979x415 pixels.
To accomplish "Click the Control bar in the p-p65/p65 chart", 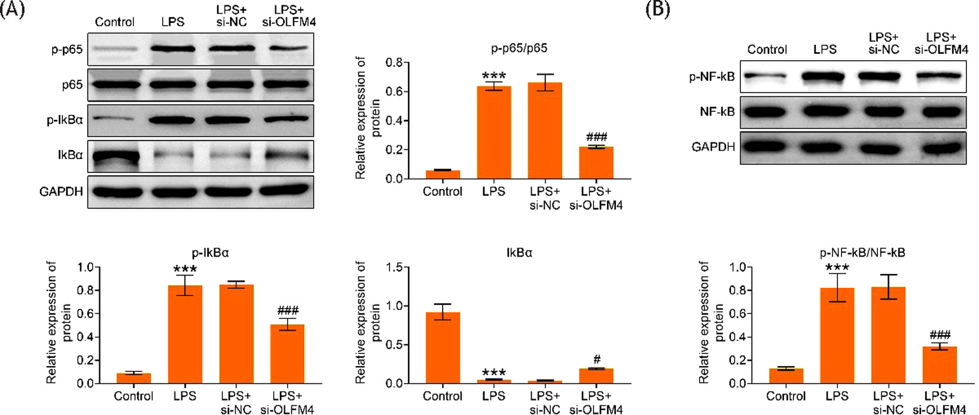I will (x=443, y=174).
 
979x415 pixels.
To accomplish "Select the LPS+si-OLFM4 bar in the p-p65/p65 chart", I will (x=596, y=163).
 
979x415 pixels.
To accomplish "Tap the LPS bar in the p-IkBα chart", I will (x=185, y=335).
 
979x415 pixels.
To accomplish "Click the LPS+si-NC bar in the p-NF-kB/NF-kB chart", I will (x=887, y=335).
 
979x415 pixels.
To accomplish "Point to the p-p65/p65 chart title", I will (x=520, y=48).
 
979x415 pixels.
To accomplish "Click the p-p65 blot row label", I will (x=66, y=50).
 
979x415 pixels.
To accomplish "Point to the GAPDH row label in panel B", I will (x=713, y=147).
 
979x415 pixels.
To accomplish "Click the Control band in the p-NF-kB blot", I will (x=767, y=77).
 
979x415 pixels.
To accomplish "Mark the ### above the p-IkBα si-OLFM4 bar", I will (x=288, y=311).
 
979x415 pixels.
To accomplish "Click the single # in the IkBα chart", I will (x=597, y=360).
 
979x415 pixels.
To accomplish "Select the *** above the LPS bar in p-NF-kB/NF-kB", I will (x=837, y=267).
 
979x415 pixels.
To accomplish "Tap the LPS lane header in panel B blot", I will (x=825, y=50).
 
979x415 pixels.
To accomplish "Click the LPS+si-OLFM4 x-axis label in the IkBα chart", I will (x=596, y=402).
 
